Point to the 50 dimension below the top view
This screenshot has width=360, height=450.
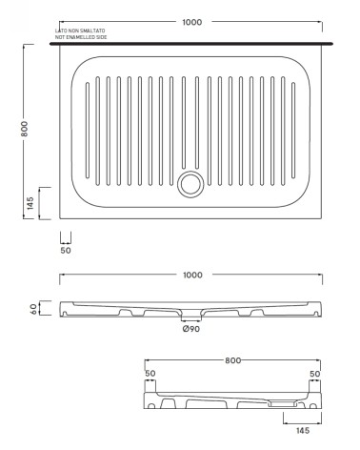tap(67, 251)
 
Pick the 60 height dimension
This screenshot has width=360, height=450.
tap(32, 310)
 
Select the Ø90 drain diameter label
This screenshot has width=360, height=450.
tap(191, 331)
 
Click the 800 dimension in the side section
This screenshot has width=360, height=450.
tap(233, 361)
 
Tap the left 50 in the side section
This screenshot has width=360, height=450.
tap(150, 374)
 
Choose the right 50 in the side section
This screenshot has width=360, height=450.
tap(315, 374)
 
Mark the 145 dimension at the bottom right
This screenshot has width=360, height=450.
tap(302, 430)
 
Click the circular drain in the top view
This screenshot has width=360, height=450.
tap(190, 179)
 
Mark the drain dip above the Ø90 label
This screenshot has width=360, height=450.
tap(191, 316)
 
